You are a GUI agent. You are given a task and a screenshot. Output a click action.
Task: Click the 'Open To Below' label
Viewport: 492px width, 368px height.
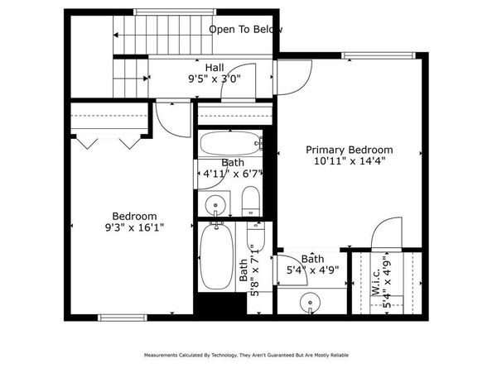point(245,30)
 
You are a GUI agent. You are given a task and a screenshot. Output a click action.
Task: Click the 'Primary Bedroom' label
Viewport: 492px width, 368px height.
point(349,150)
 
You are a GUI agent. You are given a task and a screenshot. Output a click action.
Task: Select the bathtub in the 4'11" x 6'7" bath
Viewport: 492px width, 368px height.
point(231,143)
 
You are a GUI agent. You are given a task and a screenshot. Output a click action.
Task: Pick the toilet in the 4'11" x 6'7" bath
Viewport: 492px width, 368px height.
point(250,199)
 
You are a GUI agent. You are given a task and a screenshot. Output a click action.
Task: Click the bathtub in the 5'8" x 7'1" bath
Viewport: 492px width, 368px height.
point(217,256)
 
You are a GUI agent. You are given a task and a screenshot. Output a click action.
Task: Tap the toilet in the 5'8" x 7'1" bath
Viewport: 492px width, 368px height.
point(255,237)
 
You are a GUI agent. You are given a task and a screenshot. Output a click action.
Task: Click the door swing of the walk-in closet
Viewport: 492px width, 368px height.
point(385,235)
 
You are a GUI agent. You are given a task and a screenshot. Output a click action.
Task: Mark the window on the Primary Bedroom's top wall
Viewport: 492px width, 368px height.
point(369,56)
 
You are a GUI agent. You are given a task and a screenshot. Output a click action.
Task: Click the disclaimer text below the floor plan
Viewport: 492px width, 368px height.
point(245,355)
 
